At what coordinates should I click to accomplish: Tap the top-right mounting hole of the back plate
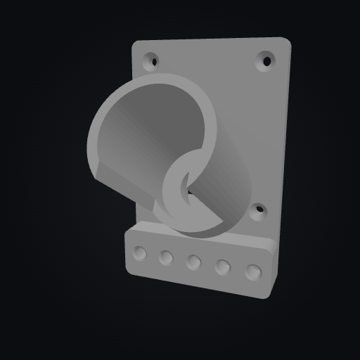coord(266,60)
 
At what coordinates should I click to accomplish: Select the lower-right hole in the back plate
coord(259,210)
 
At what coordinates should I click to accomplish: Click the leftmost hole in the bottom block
coord(140,253)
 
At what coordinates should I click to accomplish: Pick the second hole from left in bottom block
coord(166,258)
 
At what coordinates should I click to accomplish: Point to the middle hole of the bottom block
coord(194,263)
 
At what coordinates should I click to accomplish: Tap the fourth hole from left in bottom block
coord(224,267)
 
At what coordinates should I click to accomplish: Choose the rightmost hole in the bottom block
coord(253,271)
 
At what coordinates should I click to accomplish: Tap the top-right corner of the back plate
coord(284,41)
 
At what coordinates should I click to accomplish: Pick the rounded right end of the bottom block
coord(269,271)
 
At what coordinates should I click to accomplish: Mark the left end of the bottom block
coord(127,253)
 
